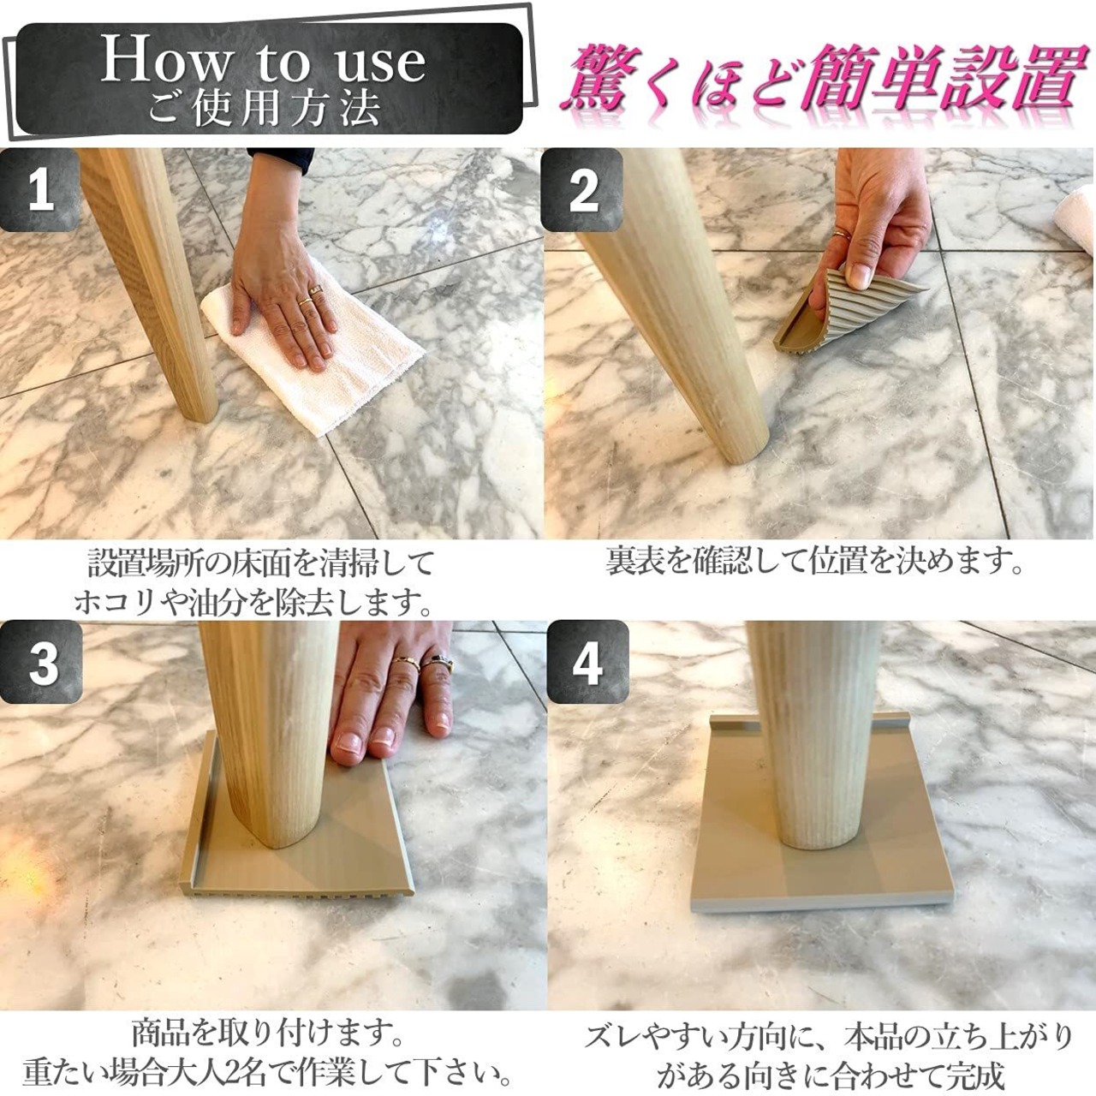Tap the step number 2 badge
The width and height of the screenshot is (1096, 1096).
coord(584,190)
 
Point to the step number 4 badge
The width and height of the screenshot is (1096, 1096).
coord(587,662)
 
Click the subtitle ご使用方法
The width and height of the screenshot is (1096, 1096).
coord(264,108)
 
